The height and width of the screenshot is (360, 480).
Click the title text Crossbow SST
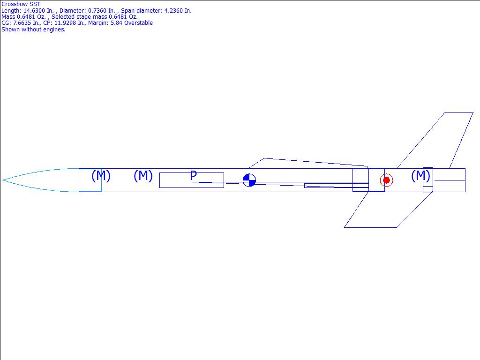(x=21, y=4)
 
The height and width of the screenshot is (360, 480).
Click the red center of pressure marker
(x=386, y=180)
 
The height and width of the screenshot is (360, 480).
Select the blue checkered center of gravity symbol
(x=249, y=180)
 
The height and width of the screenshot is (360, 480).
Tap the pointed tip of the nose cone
(x=3, y=180)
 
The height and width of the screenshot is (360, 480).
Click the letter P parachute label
(x=193, y=176)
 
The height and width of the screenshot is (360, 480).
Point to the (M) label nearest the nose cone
(x=101, y=176)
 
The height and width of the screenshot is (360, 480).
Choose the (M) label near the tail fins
(x=420, y=176)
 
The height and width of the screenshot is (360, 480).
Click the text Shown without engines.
(x=33, y=29)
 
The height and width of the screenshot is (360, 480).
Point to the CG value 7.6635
(x=22, y=23)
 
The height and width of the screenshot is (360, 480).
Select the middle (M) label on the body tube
(x=143, y=176)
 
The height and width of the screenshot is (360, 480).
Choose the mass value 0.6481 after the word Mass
(x=27, y=17)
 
